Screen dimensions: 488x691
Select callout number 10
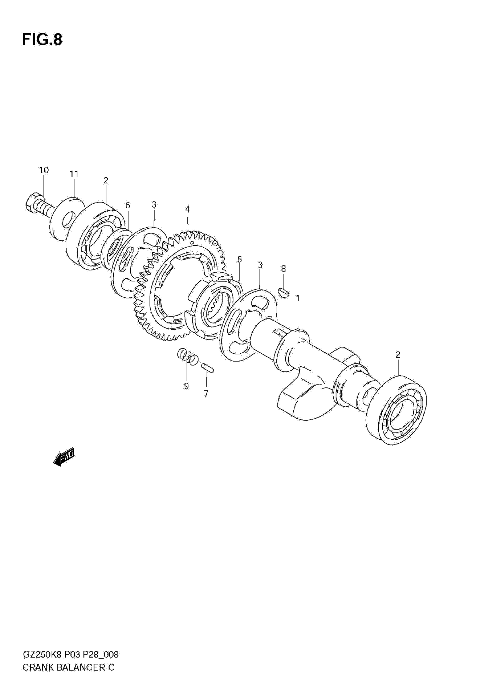(x=44, y=170)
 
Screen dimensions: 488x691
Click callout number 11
(x=74, y=174)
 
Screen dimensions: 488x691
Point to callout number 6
(x=128, y=205)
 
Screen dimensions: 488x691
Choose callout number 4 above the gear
(x=187, y=209)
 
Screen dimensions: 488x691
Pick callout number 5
(x=240, y=259)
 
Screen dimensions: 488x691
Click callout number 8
(x=283, y=269)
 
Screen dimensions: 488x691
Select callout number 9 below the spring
(x=186, y=386)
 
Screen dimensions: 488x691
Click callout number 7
(x=206, y=394)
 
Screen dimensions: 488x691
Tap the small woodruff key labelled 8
(x=283, y=292)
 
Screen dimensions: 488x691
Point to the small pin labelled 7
(x=208, y=367)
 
